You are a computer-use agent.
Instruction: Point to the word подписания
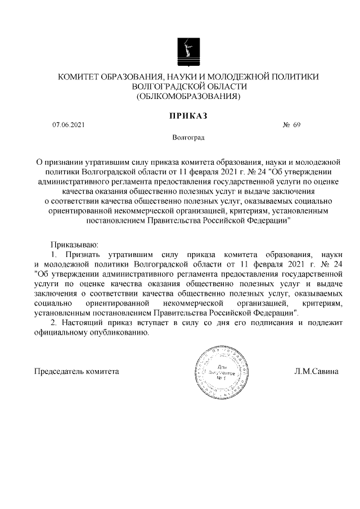pyautogui.click(x=265, y=322)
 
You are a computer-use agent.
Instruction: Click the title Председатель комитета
pyautogui.click(x=76, y=372)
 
